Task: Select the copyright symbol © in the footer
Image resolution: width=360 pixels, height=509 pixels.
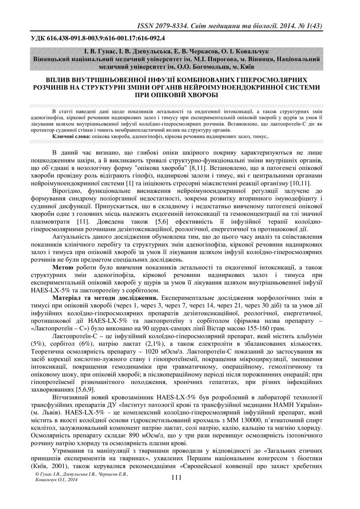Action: pos(37,487)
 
